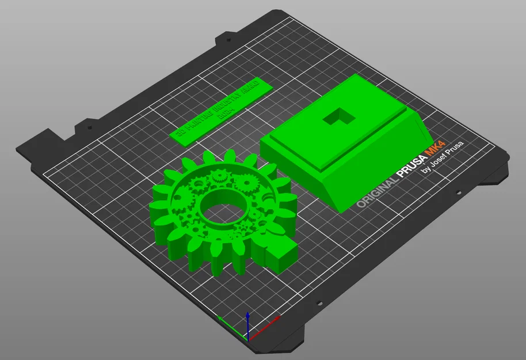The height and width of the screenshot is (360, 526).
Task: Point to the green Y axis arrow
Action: [x=228, y=323]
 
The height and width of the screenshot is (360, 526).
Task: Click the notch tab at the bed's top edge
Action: [x=228, y=40]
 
